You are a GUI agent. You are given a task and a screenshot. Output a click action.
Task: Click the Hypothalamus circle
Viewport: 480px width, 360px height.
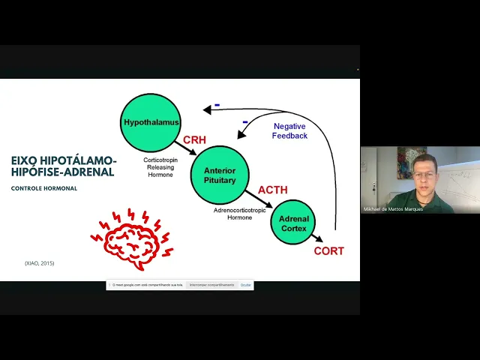click(x=151, y=121)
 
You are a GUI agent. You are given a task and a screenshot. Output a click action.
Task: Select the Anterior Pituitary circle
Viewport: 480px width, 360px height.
click(x=219, y=175)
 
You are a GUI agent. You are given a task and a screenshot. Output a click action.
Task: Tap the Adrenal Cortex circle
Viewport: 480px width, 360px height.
click(x=293, y=223)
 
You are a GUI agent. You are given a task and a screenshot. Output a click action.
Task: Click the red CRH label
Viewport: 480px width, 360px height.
click(x=194, y=139)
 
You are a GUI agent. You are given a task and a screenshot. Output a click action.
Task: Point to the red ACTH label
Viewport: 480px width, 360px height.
click(x=272, y=190)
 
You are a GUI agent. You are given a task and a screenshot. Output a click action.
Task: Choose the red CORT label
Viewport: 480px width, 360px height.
click(x=328, y=251)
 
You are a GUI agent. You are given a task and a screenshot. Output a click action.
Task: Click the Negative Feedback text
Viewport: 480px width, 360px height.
click(x=289, y=131)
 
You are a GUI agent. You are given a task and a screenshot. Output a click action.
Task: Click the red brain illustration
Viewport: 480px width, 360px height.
click(x=132, y=235)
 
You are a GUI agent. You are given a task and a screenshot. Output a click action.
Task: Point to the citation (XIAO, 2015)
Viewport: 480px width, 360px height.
click(x=40, y=263)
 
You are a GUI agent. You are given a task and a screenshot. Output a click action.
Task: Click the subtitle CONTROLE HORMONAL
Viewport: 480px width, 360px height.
click(x=44, y=187)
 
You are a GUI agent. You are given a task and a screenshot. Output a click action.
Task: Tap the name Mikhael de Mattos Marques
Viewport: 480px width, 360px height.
click(x=393, y=209)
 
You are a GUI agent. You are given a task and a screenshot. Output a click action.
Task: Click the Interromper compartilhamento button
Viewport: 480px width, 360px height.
click(x=211, y=285)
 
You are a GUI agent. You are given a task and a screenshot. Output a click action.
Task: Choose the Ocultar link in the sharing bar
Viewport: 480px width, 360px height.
click(x=246, y=285)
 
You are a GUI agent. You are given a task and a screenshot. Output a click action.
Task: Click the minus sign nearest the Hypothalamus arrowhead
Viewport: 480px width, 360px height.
click(x=217, y=106)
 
